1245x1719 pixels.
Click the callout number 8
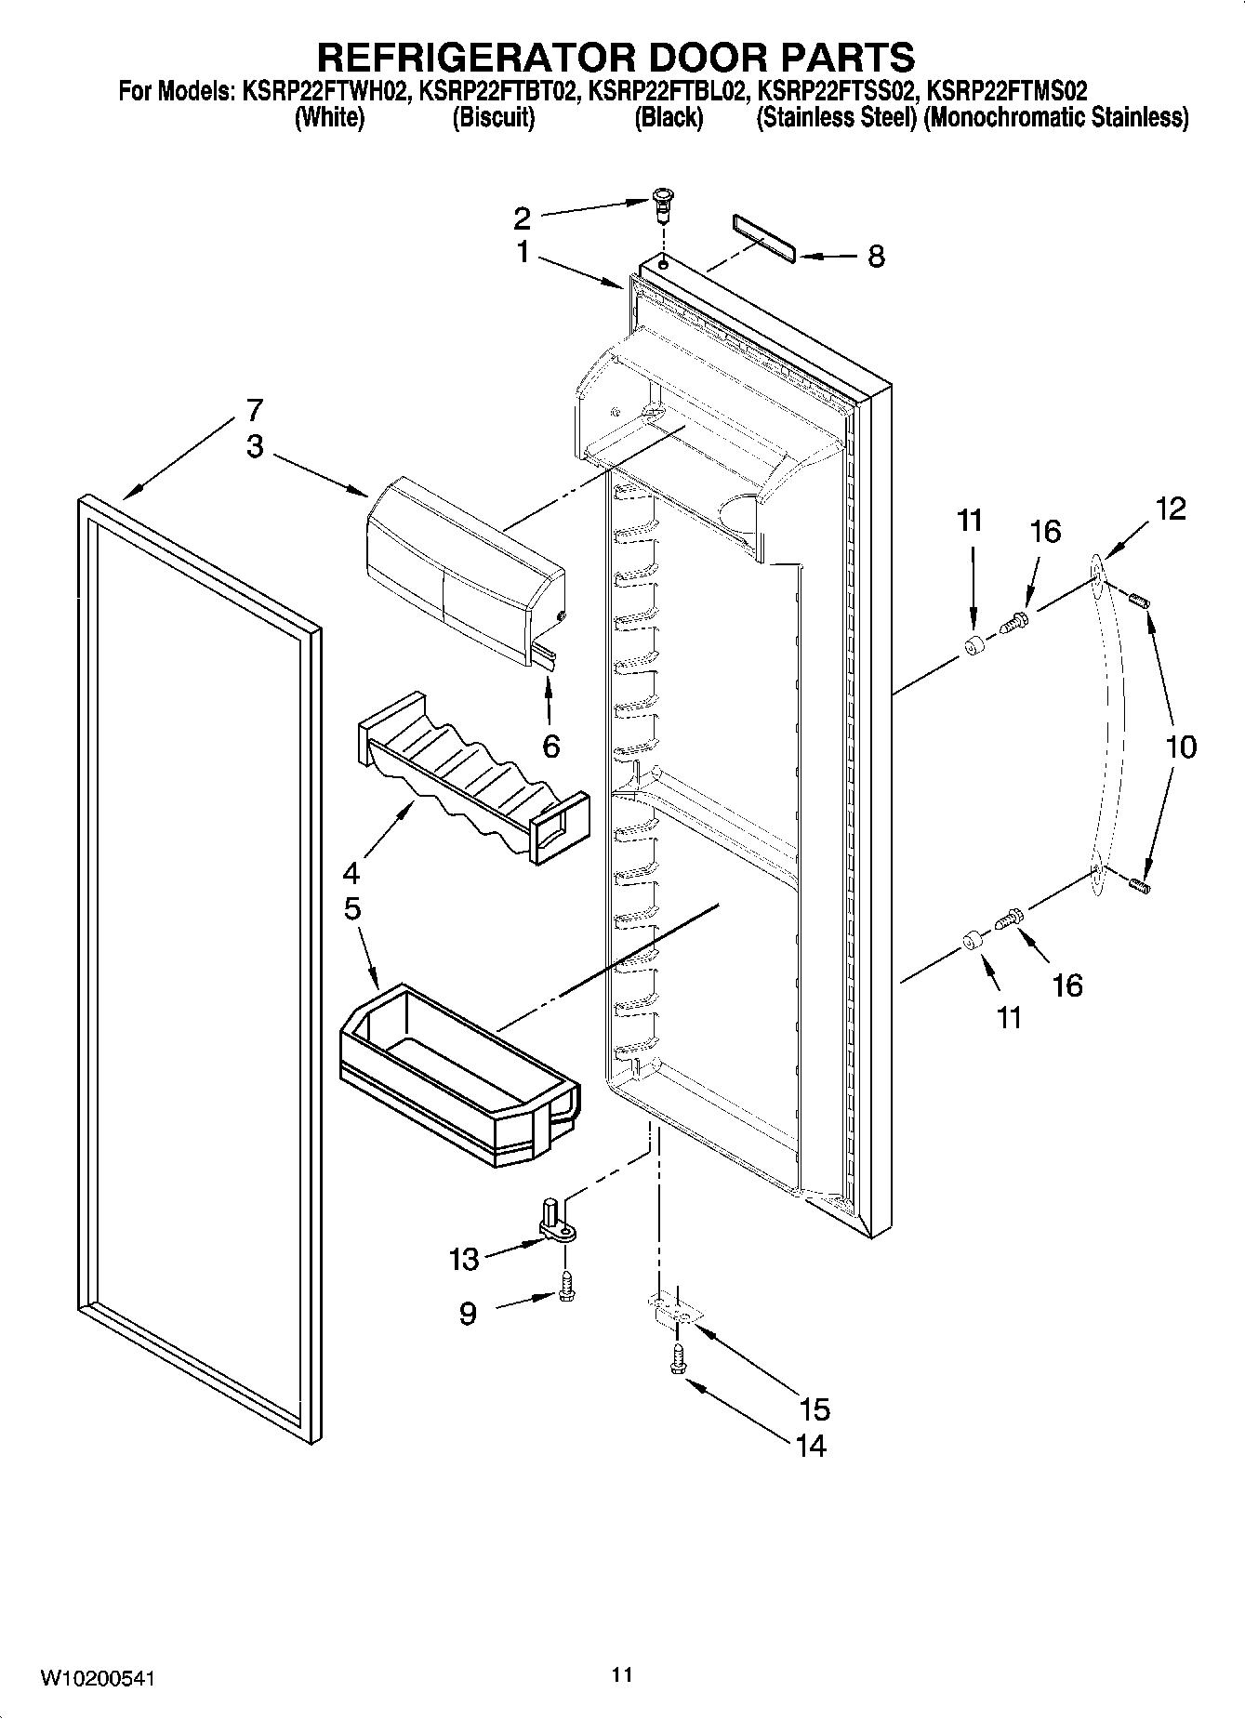click(x=876, y=258)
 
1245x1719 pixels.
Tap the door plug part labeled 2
click(x=661, y=204)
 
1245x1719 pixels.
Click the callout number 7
click(x=254, y=410)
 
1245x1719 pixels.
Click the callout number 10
click(x=1181, y=747)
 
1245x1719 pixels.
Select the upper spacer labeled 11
click(x=973, y=647)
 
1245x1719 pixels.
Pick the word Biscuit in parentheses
click(x=493, y=118)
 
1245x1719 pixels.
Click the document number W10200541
click(x=97, y=1678)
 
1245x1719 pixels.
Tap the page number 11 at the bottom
click(x=622, y=1674)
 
